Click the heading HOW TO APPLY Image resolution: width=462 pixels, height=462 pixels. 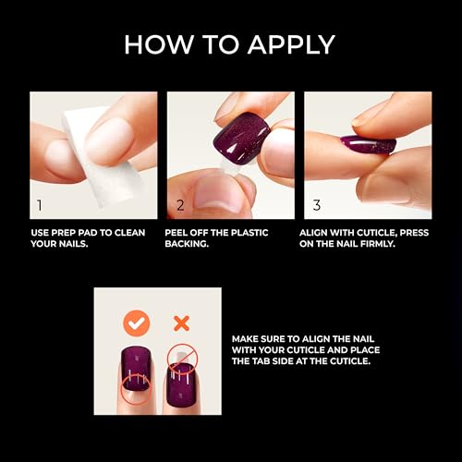[230, 44]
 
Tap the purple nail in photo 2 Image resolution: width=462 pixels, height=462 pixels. [240, 136]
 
